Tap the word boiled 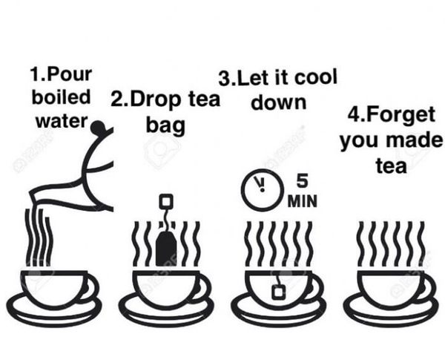61,97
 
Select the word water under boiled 62,121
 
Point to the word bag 165,125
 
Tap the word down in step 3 279,102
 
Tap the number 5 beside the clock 302,181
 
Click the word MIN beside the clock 302,201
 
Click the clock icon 263,190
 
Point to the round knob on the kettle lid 98,127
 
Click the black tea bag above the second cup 166,249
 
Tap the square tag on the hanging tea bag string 165,201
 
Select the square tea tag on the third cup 279,292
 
